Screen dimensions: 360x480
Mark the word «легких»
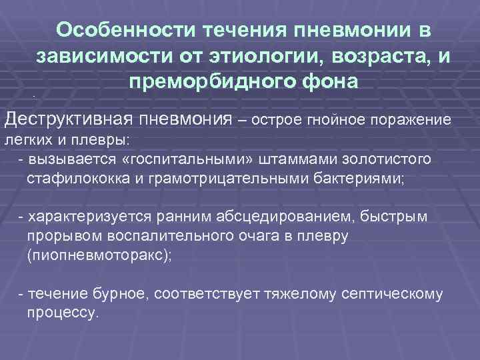[25, 141]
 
